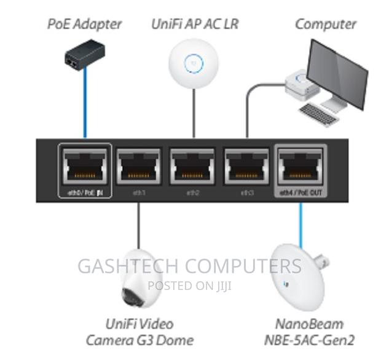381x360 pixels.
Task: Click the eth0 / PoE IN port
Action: coord(85,165)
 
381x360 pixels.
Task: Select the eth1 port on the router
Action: coord(139,165)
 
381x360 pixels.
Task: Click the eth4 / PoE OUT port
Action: coord(301,165)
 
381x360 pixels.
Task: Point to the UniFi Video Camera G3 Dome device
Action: coord(140,279)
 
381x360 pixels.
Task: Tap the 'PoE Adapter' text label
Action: coord(85,25)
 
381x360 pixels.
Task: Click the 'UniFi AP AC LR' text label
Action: coord(195,25)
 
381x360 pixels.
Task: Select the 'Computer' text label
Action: coord(325,25)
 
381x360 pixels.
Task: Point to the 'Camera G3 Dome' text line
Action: coord(141,339)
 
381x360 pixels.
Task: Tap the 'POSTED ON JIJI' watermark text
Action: coord(190,285)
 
